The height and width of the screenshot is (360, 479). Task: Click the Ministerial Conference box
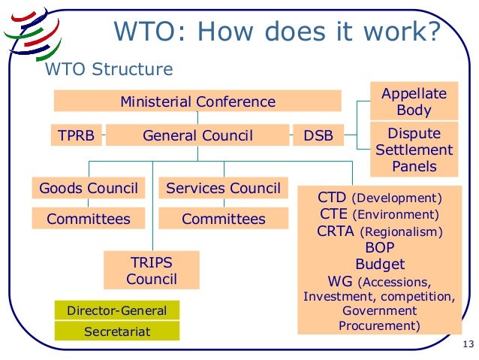[197, 101]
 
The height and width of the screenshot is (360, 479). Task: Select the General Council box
[197, 136]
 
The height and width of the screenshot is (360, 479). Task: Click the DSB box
[318, 136]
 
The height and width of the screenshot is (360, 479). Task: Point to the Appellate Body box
[414, 101]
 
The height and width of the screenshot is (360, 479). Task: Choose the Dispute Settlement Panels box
[414, 150]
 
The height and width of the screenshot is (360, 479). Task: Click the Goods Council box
[88, 188]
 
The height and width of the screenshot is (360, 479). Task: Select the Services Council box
[223, 188]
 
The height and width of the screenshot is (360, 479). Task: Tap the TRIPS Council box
[152, 271]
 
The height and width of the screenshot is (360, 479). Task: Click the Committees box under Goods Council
[88, 219]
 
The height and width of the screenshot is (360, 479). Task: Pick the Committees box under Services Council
[223, 219]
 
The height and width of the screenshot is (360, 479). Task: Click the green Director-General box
[117, 310]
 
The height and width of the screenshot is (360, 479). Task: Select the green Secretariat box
[117, 331]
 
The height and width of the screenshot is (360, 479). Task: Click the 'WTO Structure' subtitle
[110, 70]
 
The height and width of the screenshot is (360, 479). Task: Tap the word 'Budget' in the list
[379, 265]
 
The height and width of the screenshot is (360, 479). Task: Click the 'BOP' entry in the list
[379, 247]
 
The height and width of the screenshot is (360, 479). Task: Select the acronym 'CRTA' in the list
[336, 231]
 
